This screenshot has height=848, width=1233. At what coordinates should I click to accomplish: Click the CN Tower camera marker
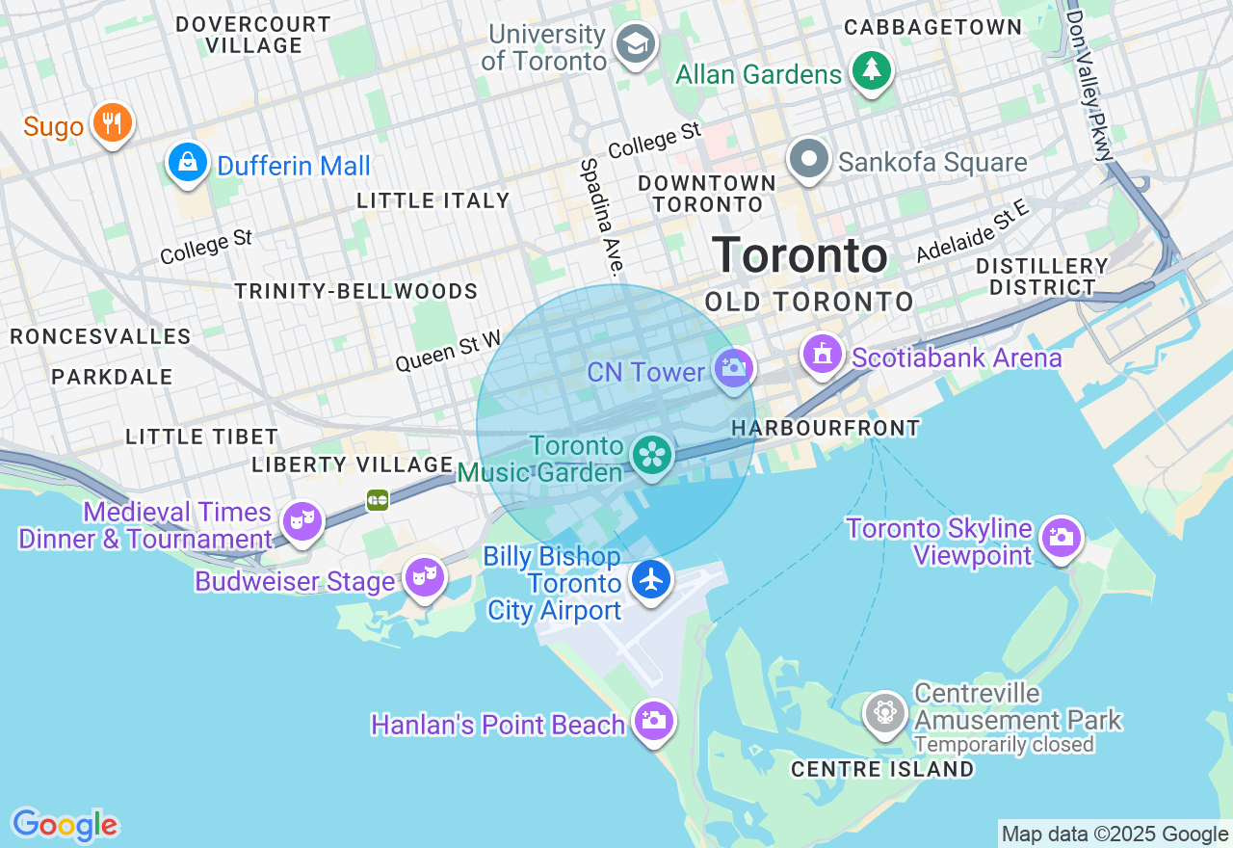734,368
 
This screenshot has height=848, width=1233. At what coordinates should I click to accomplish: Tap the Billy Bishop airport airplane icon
652,578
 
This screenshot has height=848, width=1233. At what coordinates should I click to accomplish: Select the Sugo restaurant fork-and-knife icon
113,122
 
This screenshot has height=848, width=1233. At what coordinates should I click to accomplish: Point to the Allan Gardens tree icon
872,70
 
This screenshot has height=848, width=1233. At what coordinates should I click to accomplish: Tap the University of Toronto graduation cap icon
636,43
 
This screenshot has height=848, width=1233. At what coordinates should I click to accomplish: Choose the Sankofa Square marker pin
809,158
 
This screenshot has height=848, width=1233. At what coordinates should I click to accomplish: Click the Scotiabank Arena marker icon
823,355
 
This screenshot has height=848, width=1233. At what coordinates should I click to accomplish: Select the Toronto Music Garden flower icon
652,454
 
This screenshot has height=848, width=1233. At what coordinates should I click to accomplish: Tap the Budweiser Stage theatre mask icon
425,577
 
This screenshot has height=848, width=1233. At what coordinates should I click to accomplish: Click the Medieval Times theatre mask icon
302,521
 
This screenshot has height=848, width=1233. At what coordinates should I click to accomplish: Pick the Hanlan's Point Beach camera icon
653,720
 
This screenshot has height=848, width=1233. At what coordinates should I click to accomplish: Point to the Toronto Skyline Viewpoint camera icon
1062,538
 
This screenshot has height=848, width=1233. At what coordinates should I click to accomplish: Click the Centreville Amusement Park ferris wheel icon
884,713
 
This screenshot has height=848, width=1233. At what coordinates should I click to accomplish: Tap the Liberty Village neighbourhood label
353,464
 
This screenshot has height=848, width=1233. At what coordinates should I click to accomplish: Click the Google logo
65,825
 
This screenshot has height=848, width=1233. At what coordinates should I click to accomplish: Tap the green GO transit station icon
378,499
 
